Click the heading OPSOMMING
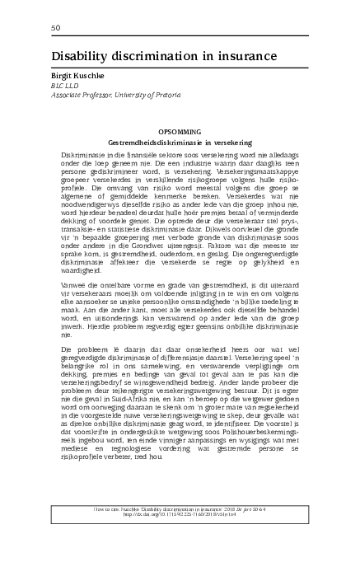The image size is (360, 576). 180,132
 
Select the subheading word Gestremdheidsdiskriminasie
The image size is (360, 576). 153,142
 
